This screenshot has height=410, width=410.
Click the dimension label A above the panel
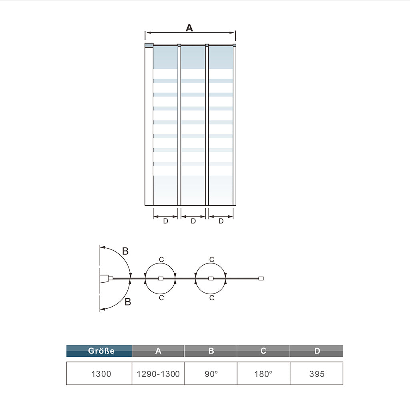click(x=189, y=28)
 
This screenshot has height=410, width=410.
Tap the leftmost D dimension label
click(x=165, y=221)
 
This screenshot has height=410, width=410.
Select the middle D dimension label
click(x=193, y=221)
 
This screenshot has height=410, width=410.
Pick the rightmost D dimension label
click(x=221, y=221)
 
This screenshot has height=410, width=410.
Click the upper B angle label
click(x=125, y=251)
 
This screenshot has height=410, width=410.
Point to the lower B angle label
click(x=128, y=302)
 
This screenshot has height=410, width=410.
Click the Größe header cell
click(x=99, y=351)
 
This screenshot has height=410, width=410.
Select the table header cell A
click(x=158, y=351)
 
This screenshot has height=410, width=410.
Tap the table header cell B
click(x=211, y=351)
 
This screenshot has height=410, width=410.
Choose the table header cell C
click(x=263, y=351)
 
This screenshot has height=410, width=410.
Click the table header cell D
click(x=317, y=351)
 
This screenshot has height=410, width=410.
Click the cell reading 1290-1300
click(x=158, y=374)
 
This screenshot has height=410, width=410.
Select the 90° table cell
click(x=211, y=374)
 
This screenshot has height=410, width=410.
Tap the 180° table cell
click(x=263, y=374)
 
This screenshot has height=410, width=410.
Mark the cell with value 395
click(x=317, y=374)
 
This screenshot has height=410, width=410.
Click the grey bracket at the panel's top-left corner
click(x=149, y=45)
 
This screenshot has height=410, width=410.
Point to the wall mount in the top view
click(x=105, y=278)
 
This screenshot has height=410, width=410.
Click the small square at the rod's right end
click(x=261, y=278)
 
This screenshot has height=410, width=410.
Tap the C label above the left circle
click(x=161, y=259)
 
